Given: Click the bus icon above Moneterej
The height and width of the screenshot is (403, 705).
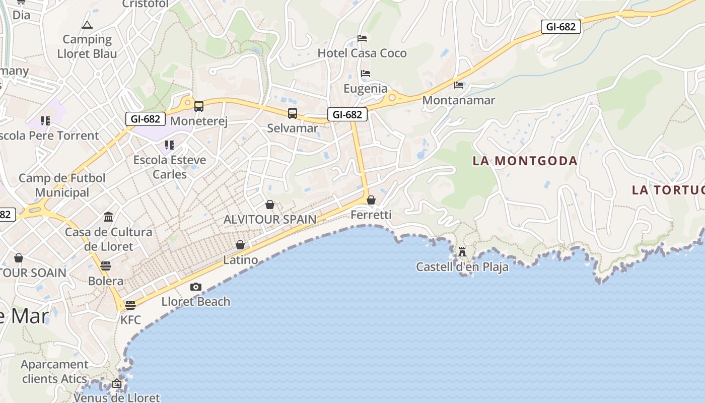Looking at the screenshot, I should coord(199,106).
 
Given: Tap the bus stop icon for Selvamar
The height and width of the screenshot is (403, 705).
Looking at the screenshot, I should coord(293,113).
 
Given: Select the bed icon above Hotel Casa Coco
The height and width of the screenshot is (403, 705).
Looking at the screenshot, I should coord(362,38).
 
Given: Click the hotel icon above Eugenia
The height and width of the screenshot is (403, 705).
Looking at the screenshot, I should coord(366,74).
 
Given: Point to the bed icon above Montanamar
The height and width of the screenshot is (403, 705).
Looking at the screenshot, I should coord(458,85).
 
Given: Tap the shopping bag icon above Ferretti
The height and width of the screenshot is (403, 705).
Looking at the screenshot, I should coord(371,200).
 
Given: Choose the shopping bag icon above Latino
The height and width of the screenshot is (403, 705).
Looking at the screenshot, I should coord(240,245).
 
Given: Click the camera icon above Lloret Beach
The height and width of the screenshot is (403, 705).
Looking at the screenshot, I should coord(196,287).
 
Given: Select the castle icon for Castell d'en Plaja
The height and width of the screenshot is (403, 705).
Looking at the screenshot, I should coord(462,251).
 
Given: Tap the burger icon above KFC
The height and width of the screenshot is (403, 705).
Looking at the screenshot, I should coord(130,305).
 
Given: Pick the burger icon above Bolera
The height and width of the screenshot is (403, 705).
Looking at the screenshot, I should coord(106,265).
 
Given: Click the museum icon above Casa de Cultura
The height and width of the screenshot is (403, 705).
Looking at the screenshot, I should coord(108,217).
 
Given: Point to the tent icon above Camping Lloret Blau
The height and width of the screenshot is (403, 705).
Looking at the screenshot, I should coord(87,25).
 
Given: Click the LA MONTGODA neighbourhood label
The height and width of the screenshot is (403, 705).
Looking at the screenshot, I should coord(525,161).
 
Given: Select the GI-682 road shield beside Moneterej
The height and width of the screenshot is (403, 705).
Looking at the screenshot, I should coord(146,119).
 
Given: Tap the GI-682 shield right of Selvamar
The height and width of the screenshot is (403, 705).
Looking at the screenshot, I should coord(347,114).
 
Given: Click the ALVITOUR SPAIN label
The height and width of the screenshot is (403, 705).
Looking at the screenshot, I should coord(270,220).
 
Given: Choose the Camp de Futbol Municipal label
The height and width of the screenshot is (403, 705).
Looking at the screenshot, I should coord(62,185).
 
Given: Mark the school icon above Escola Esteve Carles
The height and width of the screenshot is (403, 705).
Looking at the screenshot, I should coord(170,145).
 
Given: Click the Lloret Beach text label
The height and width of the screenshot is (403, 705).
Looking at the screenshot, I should coord(196,302).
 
